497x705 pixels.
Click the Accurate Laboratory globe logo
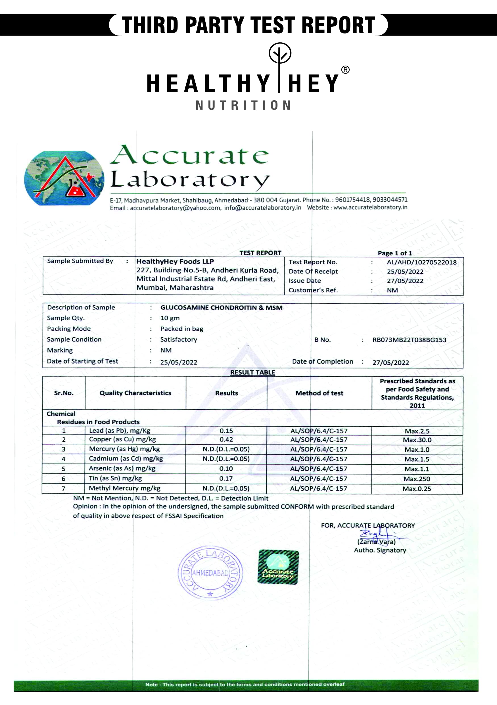64,178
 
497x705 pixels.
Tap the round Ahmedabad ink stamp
210,573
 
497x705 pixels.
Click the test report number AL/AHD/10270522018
421,262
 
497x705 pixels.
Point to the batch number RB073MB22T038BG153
409,340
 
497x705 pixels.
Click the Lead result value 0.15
226,431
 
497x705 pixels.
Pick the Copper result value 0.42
226,439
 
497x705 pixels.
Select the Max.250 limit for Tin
417,479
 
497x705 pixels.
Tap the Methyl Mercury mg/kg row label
125,488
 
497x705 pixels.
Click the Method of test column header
319,393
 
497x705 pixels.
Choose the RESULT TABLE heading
253,372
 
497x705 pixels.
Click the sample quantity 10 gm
170,318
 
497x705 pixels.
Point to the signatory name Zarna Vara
376,542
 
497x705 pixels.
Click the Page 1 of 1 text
395,253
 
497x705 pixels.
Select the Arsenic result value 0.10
226,469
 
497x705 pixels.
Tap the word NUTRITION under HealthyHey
243,105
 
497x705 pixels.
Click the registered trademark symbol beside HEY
345,70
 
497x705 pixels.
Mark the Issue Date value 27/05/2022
405,281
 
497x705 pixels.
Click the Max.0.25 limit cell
417,489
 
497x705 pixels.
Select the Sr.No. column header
64,393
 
